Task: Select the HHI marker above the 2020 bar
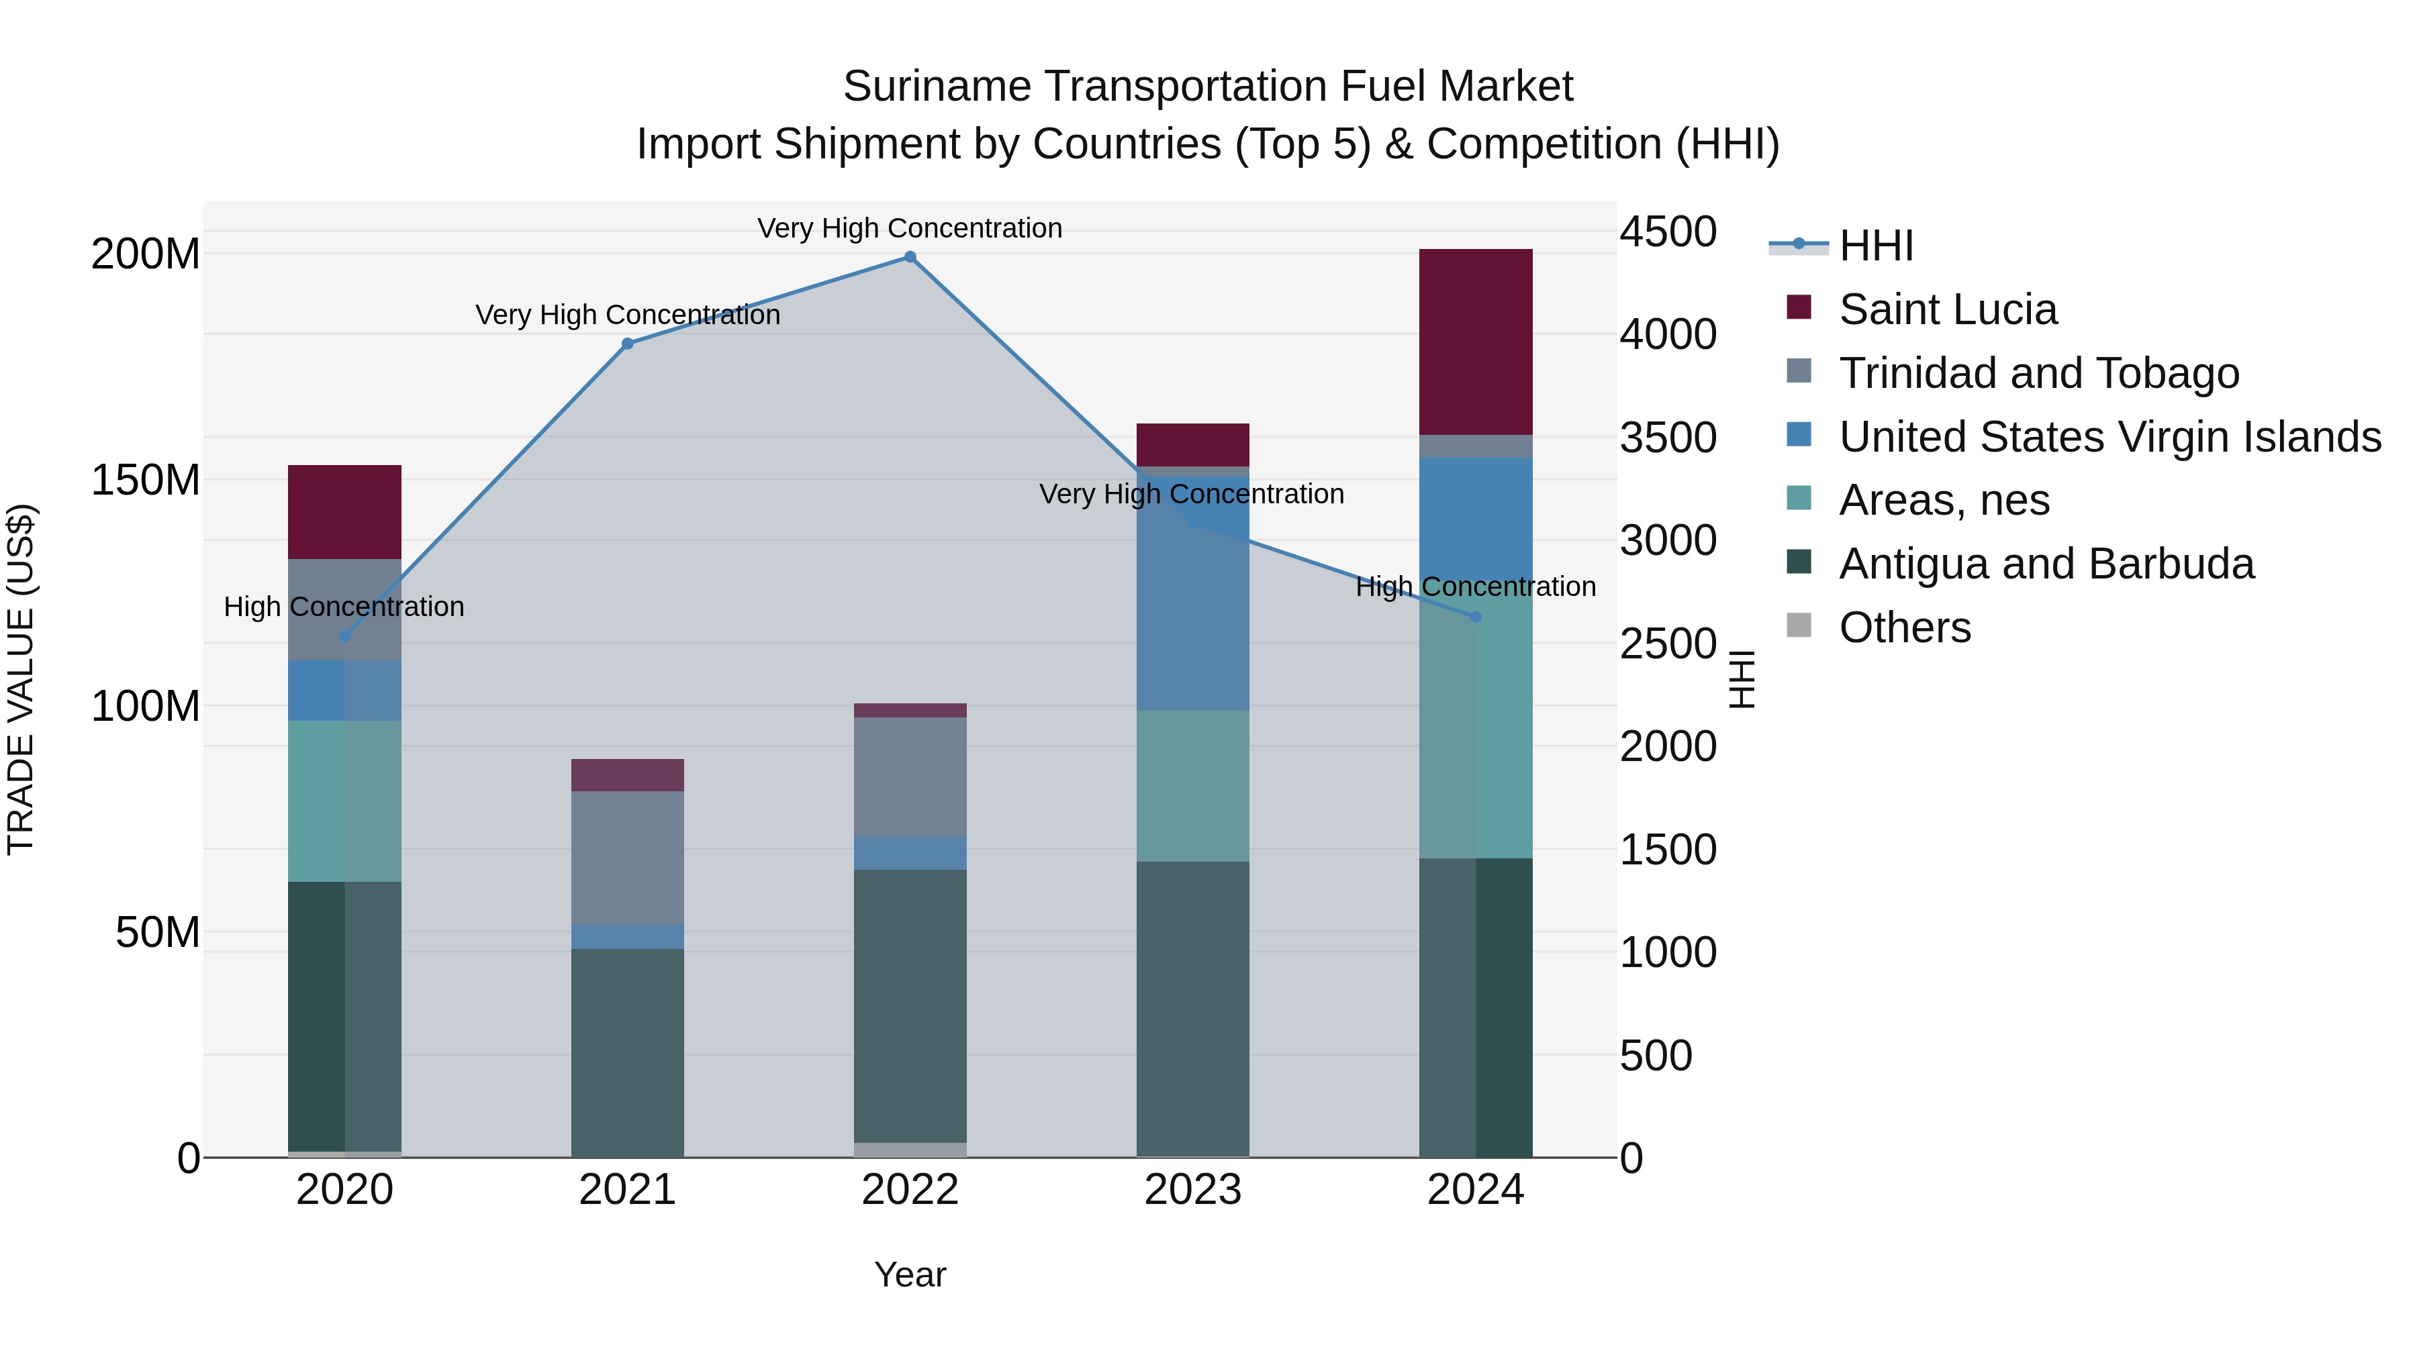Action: (344, 636)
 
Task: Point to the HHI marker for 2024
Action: (1475, 617)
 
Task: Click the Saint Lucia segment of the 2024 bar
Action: (1475, 342)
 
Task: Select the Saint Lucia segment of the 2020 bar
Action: (344, 512)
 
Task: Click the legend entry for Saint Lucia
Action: (1947, 309)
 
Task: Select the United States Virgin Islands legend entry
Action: (2110, 437)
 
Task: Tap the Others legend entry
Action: (1904, 627)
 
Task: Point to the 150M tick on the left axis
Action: (146, 481)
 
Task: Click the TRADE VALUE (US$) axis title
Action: (21, 679)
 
